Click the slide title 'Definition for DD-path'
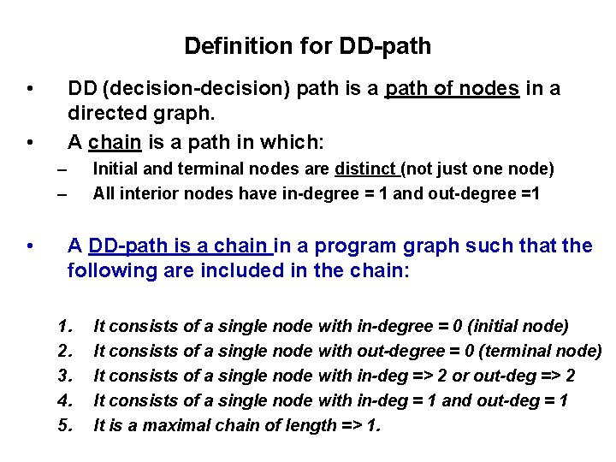point(308,45)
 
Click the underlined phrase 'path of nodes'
point(453,89)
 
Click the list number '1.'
point(65,325)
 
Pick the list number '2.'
point(65,350)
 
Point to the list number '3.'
point(65,375)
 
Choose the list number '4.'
point(65,400)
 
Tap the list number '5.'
point(65,424)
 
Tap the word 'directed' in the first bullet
point(106,114)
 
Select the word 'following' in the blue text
point(108,271)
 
